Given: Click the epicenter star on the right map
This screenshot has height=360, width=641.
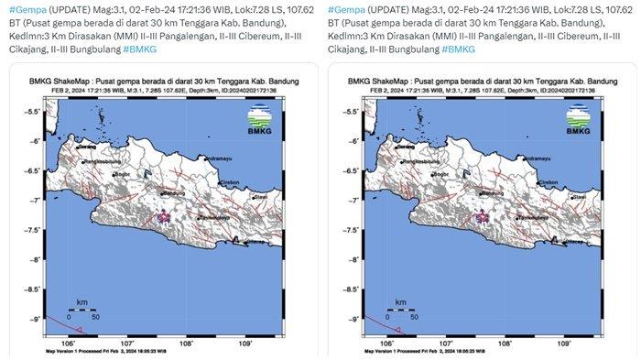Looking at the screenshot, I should click(x=484, y=216).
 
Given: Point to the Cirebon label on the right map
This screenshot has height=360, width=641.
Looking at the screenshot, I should click(x=546, y=183).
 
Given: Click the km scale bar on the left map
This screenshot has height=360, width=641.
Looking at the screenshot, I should click(x=81, y=309).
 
